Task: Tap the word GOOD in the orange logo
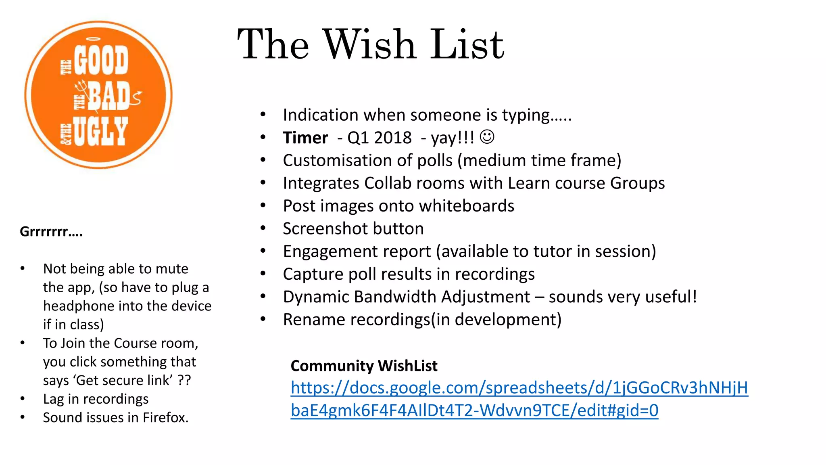click(101, 60)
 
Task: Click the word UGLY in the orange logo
click(100, 132)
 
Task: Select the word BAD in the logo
click(109, 96)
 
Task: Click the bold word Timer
click(305, 138)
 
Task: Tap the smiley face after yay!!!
click(487, 137)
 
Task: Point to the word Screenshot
click(322, 228)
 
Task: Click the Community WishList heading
click(364, 366)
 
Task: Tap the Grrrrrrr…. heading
click(51, 232)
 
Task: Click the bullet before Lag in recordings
click(23, 399)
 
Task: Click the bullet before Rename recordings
click(263, 319)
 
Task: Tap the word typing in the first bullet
click(526, 115)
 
